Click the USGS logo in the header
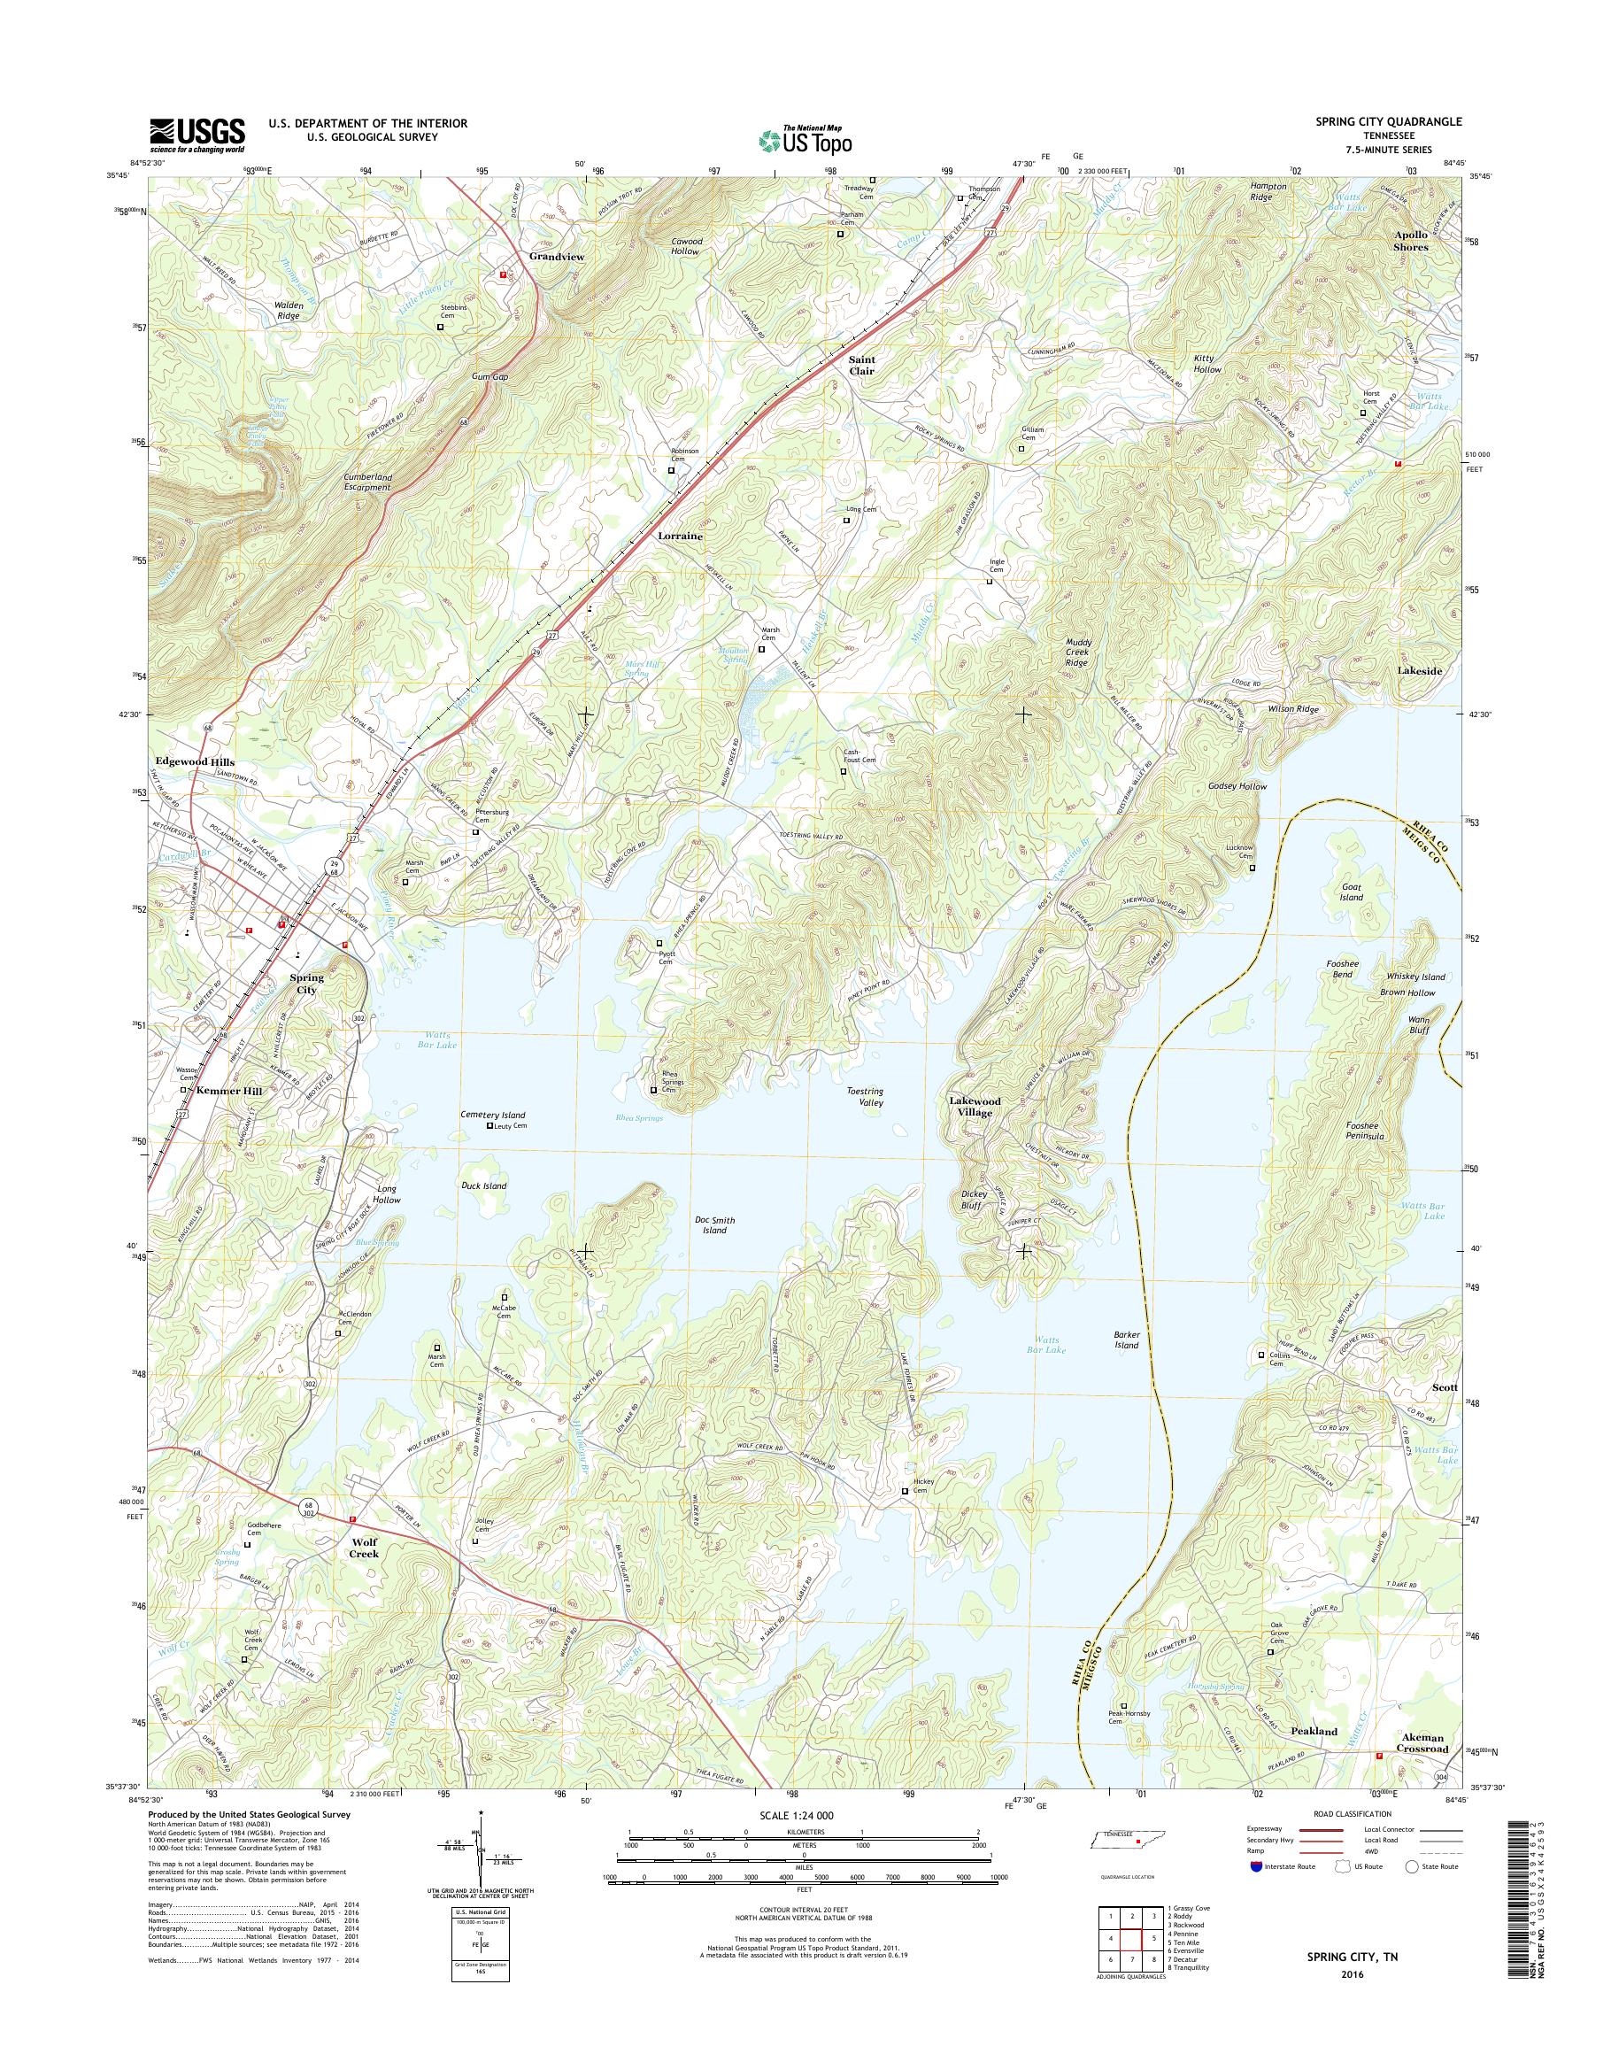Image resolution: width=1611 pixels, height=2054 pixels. [197, 135]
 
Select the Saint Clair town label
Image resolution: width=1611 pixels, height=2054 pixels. [860, 365]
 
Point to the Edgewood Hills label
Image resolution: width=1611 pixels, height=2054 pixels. [196, 761]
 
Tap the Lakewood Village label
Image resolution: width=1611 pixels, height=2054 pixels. [975, 1107]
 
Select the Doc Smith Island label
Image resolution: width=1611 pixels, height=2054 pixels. [714, 1224]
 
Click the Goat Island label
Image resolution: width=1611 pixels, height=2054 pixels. [1352, 892]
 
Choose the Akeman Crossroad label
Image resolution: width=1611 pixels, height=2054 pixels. [1422, 1742]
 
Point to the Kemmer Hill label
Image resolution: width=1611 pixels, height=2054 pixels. [229, 1091]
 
